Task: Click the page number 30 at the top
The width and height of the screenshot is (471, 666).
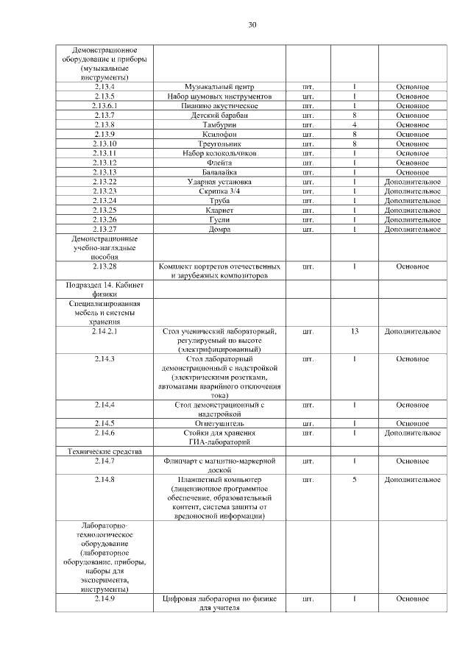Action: tap(252, 24)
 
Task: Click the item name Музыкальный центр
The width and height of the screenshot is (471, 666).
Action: tap(219, 87)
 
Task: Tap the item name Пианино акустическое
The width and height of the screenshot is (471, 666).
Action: tap(219, 106)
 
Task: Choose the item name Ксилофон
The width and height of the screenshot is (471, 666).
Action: tap(219, 135)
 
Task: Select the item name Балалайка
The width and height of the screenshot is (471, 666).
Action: tap(219, 172)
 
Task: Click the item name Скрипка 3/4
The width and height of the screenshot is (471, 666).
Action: tap(219, 191)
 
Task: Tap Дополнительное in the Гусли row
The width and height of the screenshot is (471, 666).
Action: tap(412, 220)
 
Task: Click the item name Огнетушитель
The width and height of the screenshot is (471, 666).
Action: tap(219, 423)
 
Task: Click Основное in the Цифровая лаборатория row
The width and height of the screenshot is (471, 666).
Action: tap(412, 599)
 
